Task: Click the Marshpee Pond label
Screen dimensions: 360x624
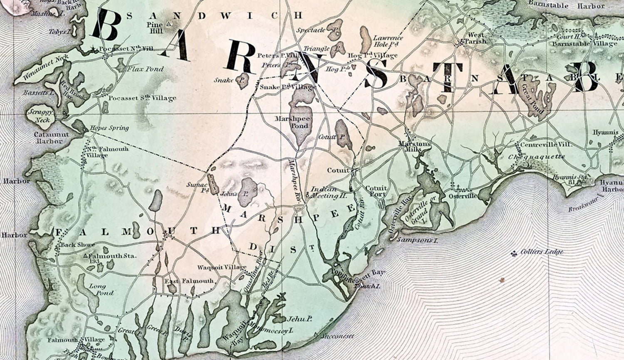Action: click(297, 122)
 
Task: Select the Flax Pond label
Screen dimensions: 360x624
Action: click(145, 69)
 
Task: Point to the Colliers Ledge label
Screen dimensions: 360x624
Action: click(542, 252)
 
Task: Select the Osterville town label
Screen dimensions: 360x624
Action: click(463, 195)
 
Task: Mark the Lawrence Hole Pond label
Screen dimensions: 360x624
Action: click(388, 41)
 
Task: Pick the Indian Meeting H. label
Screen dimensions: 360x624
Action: click(323, 191)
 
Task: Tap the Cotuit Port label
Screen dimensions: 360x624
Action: click(376, 191)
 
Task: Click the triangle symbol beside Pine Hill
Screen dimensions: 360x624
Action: click(168, 24)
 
